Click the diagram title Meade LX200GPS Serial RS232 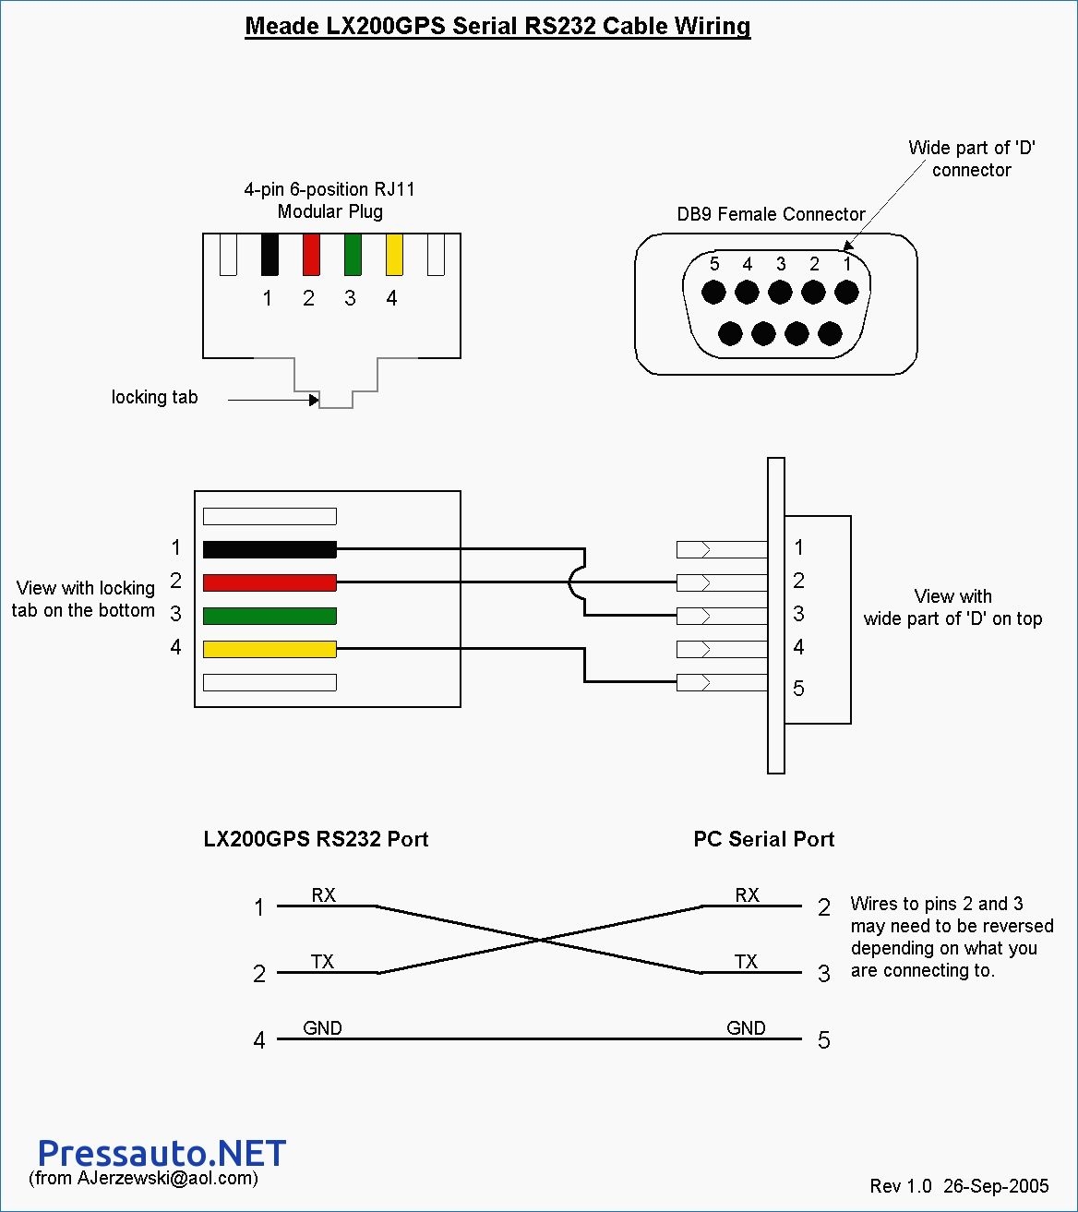[497, 26]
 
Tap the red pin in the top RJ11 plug [311, 255]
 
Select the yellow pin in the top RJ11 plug [394, 255]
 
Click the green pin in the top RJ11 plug [353, 255]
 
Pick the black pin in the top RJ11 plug [269, 255]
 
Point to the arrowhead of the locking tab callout [314, 400]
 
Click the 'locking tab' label [154, 397]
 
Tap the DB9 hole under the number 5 [713, 293]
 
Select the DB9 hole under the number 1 [846, 293]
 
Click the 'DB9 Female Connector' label [771, 214]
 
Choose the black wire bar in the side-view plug [269, 549]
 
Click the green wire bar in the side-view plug [269, 616]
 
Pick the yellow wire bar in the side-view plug [269, 649]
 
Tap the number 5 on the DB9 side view [798, 689]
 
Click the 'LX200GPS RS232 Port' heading [316, 839]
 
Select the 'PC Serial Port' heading [763, 839]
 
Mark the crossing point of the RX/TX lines [540, 940]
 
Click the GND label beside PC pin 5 [746, 1028]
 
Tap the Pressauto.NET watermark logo [162, 1153]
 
